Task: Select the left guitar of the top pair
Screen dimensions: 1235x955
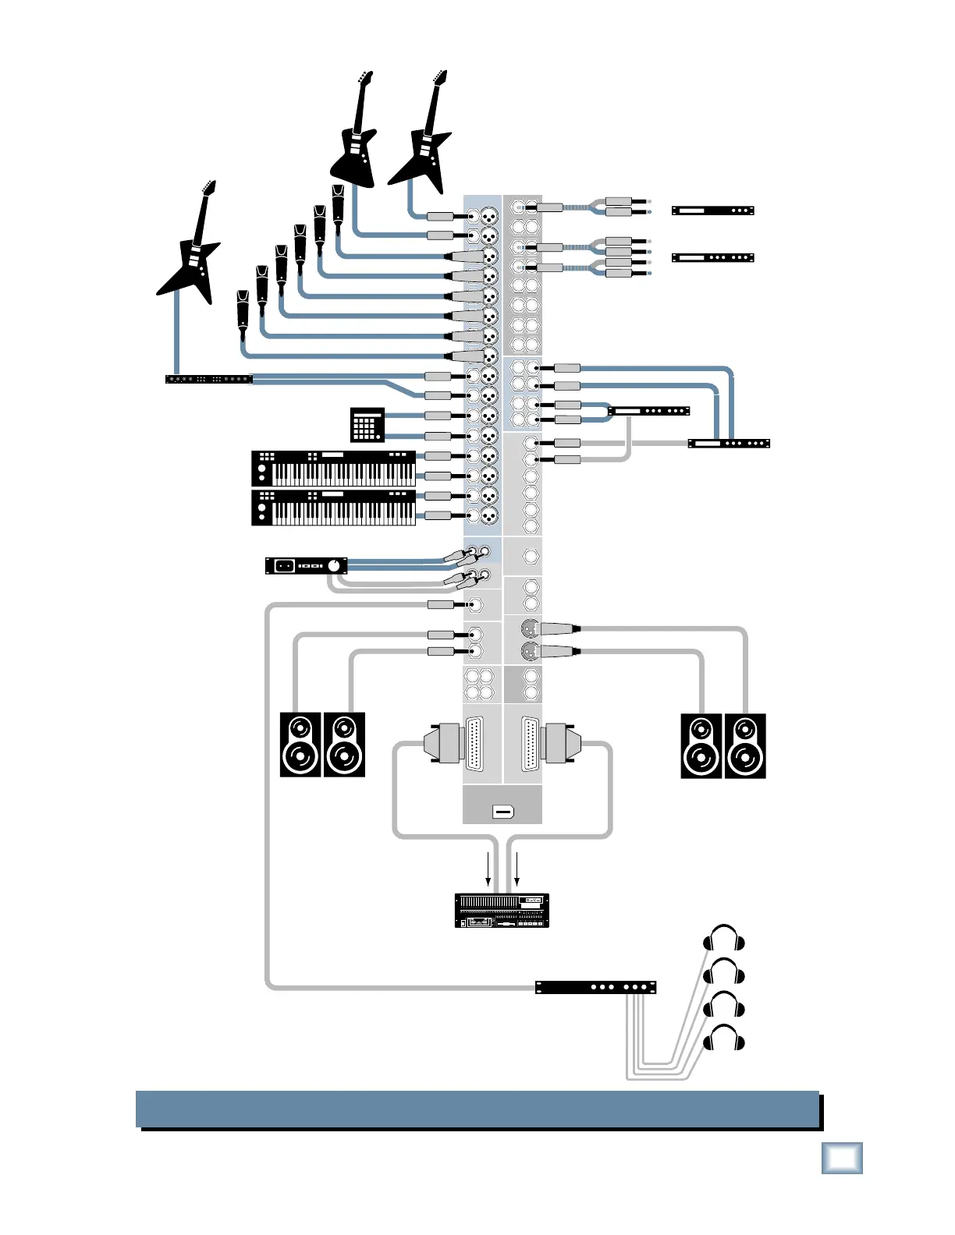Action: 356,140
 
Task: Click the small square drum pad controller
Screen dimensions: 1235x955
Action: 367,424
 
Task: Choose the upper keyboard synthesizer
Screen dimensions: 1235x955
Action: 334,468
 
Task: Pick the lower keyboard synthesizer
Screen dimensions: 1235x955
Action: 334,508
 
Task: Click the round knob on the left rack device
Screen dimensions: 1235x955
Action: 335,565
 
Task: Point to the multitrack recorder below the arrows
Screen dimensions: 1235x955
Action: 502,911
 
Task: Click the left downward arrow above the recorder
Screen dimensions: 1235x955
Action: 488,869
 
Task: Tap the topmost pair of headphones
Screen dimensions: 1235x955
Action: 724,938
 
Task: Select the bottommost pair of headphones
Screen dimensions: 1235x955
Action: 724,1039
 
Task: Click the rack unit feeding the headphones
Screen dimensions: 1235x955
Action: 595,987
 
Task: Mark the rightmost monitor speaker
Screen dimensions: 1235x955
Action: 745,746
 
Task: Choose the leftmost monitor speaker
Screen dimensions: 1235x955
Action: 300,745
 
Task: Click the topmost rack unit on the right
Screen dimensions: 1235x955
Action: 712,211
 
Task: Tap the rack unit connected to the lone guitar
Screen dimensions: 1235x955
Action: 209,380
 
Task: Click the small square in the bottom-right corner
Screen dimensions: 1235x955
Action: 842,1158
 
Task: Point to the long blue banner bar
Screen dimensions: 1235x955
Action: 477,1109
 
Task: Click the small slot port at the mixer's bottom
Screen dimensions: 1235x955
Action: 503,812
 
